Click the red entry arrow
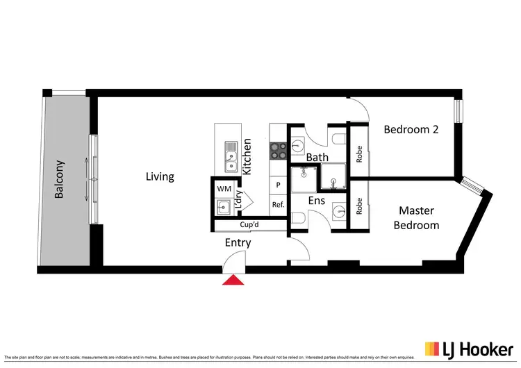point(233,280)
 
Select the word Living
point(160,176)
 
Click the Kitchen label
point(246,156)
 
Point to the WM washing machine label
point(224,188)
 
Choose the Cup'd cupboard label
point(249,226)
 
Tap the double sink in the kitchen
point(229,156)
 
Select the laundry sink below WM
point(223,206)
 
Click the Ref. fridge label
point(278,204)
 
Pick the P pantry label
point(278,185)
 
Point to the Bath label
point(317,158)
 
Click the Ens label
point(317,201)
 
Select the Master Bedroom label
point(416,217)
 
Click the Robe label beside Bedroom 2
point(359,153)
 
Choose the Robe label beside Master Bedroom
point(359,206)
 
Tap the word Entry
point(238,243)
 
